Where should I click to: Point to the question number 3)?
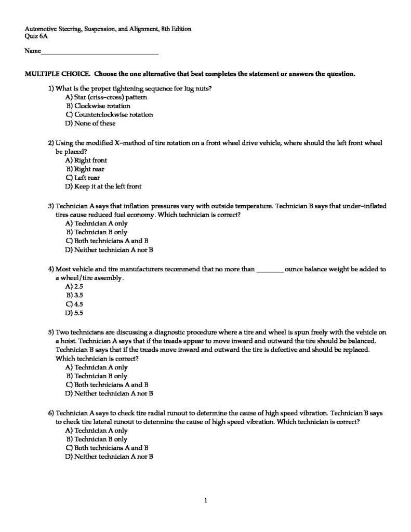click(x=51, y=206)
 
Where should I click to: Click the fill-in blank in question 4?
click(x=270, y=270)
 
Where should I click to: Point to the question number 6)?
click(x=51, y=413)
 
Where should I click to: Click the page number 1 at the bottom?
click(x=206, y=501)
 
